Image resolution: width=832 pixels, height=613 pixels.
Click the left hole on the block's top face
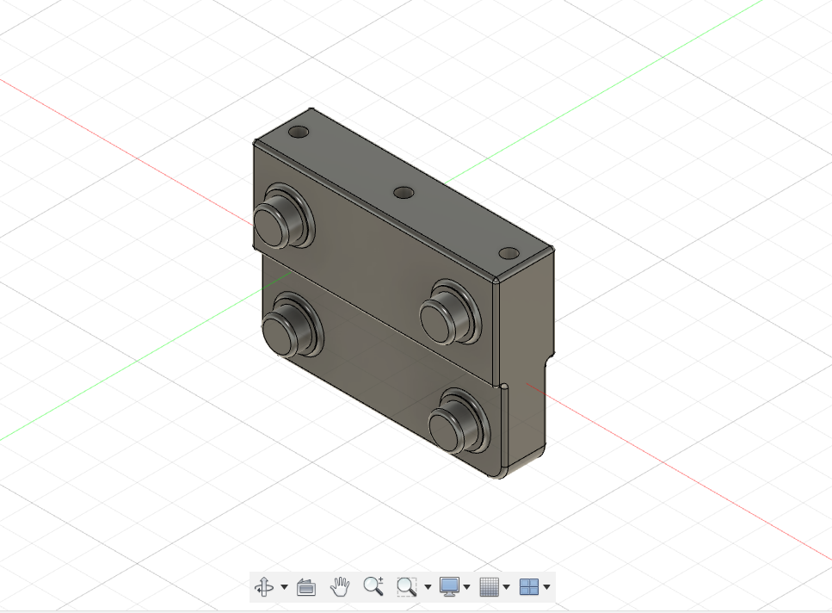(299, 133)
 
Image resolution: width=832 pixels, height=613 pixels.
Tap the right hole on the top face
(509, 254)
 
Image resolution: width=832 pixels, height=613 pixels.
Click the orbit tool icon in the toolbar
(263, 587)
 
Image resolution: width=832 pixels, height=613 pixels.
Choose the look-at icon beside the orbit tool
(305, 587)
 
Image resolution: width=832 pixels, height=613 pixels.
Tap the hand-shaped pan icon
(341, 587)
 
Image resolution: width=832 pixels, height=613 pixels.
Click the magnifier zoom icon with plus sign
(373, 587)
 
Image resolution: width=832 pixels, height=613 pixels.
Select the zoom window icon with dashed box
(406, 587)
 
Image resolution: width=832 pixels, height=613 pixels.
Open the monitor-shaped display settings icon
(449, 587)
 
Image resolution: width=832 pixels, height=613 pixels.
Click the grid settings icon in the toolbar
(489, 587)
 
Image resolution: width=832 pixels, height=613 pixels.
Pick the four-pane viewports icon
(529, 587)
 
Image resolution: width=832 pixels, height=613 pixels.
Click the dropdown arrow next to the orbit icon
(284, 588)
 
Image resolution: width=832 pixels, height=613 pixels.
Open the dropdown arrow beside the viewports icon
(547, 588)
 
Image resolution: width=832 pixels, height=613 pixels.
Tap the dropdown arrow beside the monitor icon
(467, 588)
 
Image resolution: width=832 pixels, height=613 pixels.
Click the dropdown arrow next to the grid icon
(507, 588)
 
